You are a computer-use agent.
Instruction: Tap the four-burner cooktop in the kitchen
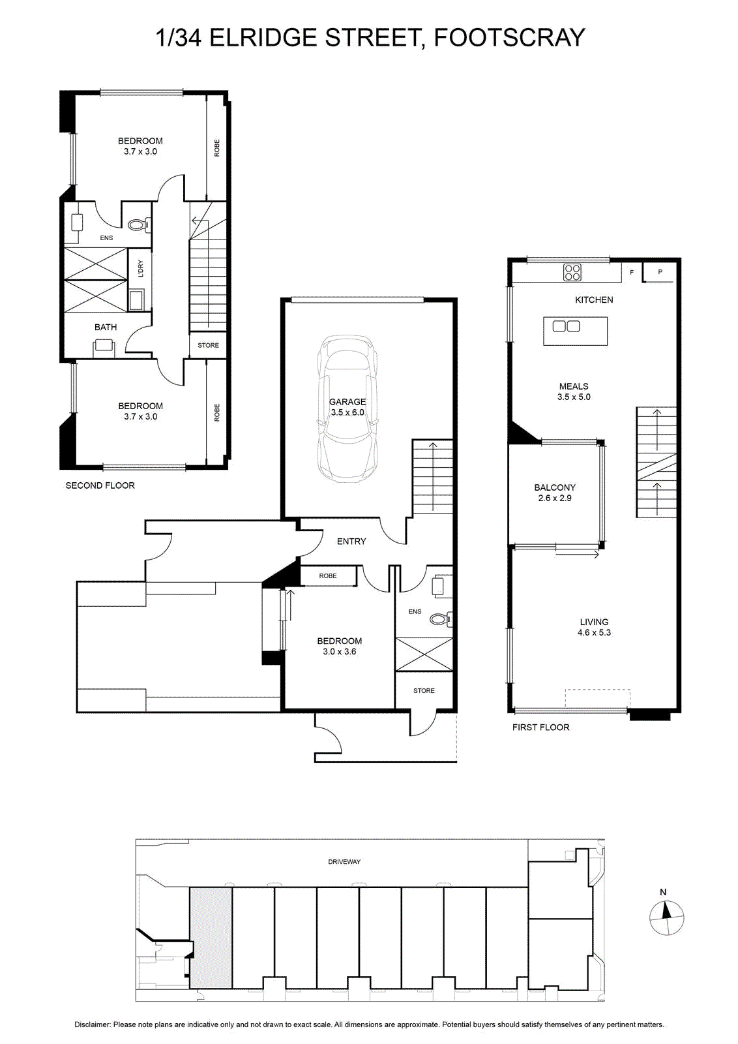(x=572, y=272)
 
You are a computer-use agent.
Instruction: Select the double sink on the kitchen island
(x=566, y=326)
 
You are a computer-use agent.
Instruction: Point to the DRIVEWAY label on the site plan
(x=344, y=862)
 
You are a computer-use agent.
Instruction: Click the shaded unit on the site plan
(x=211, y=937)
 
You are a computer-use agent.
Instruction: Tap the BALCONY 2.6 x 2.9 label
(x=555, y=492)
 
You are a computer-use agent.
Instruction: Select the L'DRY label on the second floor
(x=141, y=269)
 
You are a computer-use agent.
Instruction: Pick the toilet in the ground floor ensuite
(x=440, y=619)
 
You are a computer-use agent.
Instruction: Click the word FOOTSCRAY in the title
(x=509, y=38)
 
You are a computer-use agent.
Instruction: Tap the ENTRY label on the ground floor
(x=351, y=541)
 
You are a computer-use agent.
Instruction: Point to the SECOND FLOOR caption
(x=100, y=485)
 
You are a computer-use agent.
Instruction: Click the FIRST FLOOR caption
(x=540, y=727)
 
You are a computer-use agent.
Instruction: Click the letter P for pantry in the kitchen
(x=660, y=271)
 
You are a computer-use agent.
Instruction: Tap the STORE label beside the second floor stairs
(x=208, y=345)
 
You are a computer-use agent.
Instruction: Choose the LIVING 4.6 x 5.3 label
(x=594, y=627)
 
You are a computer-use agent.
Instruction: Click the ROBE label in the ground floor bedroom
(x=328, y=576)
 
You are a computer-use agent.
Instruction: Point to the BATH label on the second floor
(x=106, y=327)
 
